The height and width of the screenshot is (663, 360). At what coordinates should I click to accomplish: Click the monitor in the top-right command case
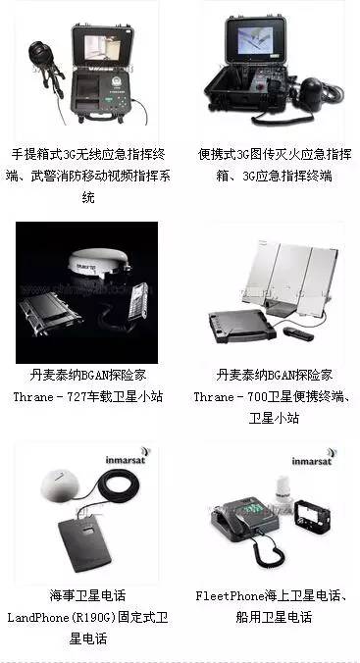click(x=261, y=43)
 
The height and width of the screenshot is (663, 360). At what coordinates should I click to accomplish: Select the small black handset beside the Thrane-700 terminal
click(x=298, y=333)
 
